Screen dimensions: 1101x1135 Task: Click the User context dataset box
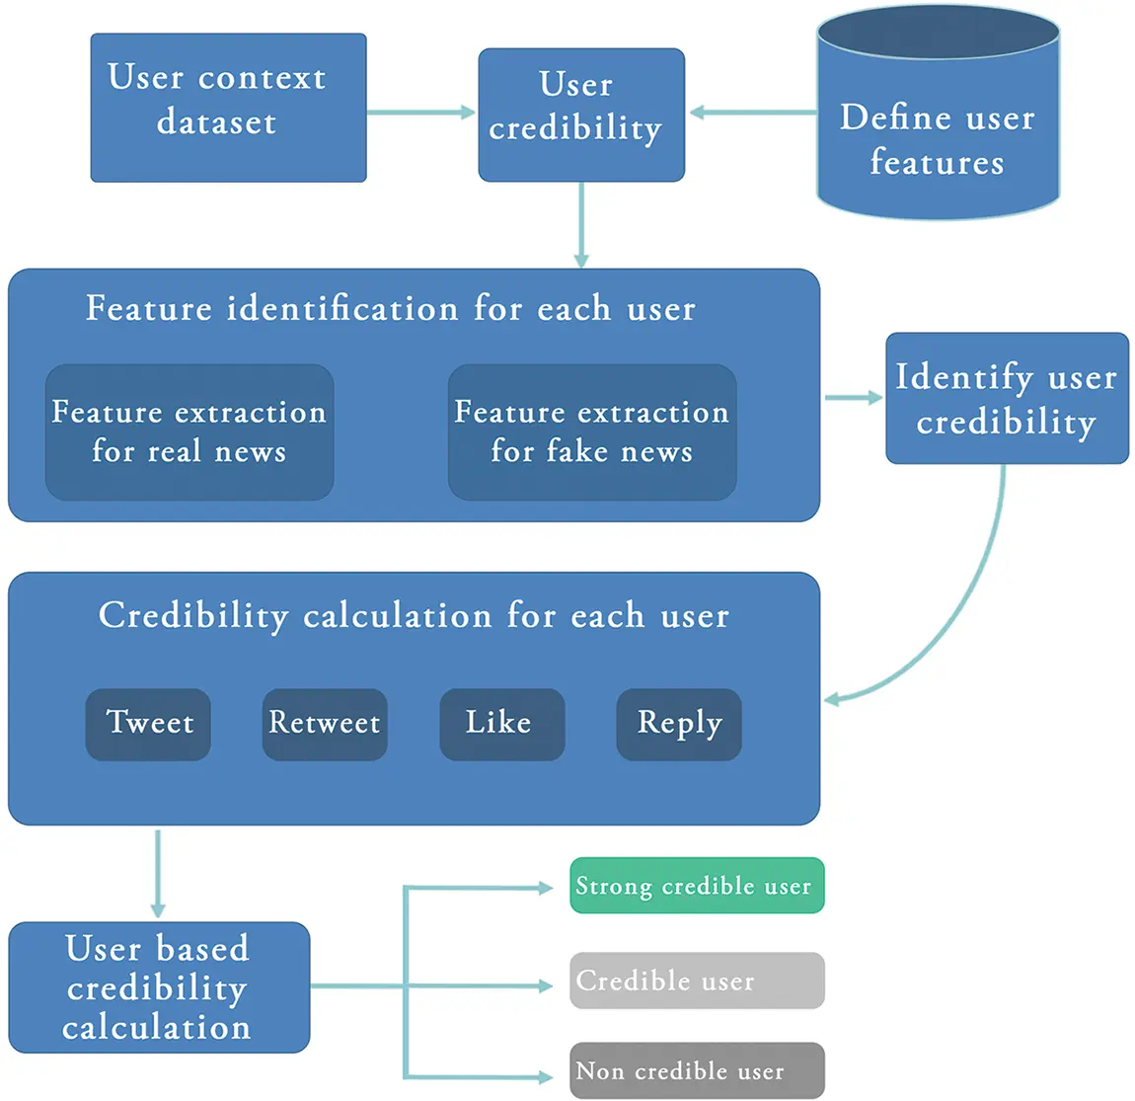(x=228, y=108)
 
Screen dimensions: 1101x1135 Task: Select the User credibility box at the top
(x=580, y=114)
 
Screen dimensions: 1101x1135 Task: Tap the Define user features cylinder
(x=938, y=128)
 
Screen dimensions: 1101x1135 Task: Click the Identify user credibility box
(x=1006, y=398)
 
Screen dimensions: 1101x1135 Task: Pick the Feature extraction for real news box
(x=189, y=432)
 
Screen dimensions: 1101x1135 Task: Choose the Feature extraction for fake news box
(x=591, y=432)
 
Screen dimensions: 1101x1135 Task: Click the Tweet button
(x=148, y=724)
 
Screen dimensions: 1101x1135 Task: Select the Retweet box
(x=324, y=724)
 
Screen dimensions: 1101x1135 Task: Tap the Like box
(x=501, y=724)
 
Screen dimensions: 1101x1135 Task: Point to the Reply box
(x=678, y=724)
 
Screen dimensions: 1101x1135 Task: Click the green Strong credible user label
(x=696, y=886)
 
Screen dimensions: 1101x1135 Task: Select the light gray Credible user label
(x=696, y=981)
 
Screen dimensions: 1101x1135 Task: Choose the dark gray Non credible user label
(x=696, y=1070)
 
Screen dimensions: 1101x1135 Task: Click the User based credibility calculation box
(x=159, y=986)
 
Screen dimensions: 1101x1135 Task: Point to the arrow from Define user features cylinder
(x=752, y=113)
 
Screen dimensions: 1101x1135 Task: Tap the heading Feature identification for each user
(x=391, y=308)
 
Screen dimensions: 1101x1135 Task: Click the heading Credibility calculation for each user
(x=414, y=615)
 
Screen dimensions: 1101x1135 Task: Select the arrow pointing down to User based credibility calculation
(x=158, y=873)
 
